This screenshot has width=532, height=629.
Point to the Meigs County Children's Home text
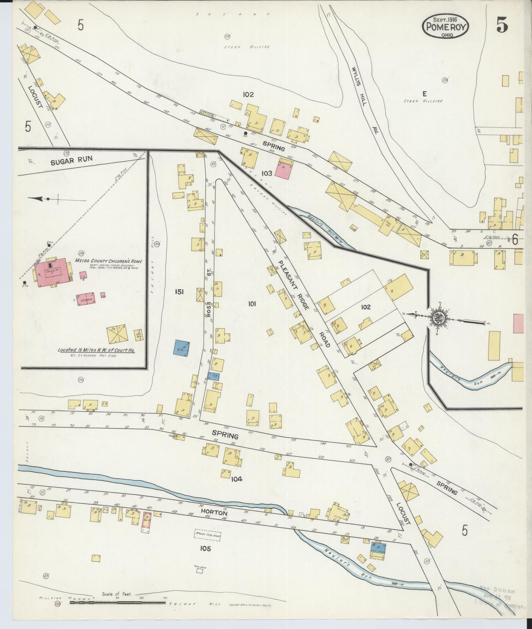(108, 261)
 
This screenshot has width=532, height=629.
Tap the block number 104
(236, 479)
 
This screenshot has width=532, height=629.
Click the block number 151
(179, 292)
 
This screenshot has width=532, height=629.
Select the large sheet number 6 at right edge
(514, 241)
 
